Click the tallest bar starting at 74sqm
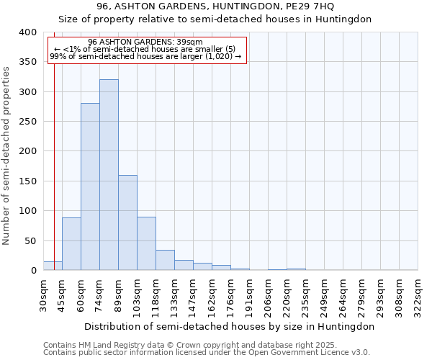click(109, 175)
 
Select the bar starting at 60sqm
click(90, 187)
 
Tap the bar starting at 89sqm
click(127, 223)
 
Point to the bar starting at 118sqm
click(165, 261)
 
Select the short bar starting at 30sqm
click(53, 266)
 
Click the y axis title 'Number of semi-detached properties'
click(6, 155)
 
